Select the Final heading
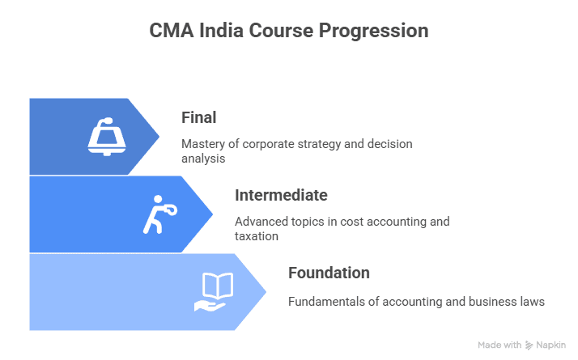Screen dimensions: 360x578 click(198, 117)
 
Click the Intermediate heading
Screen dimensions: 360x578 click(281, 195)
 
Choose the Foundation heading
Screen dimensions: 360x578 click(329, 273)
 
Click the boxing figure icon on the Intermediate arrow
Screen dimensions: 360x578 click(159, 214)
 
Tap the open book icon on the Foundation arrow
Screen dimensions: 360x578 click(213, 291)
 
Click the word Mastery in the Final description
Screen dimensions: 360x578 click(204, 144)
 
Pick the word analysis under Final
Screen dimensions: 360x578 click(203, 159)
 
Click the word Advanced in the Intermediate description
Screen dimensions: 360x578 click(261, 222)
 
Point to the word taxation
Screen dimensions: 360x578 click(257, 237)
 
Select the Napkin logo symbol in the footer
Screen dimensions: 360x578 click(529, 345)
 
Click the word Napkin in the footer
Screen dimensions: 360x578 click(552, 345)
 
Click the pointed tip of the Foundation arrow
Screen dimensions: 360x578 click(265, 291)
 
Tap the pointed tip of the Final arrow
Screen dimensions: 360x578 click(159, 136)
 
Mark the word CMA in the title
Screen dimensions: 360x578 click(171, 31)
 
